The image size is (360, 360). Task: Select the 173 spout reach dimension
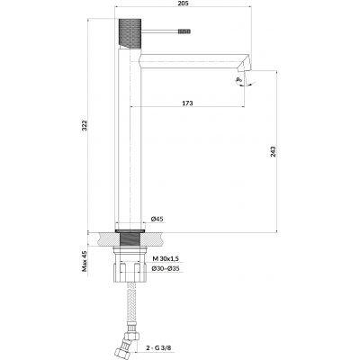tap(186, 103)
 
